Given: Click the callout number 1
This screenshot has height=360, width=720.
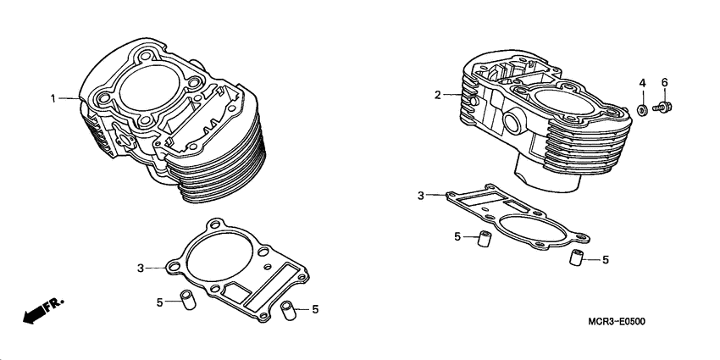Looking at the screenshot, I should (x=53, y=99).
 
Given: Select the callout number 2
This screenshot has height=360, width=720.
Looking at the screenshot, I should (x=438, y=95).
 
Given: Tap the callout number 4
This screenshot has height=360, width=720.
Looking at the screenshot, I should (x=642, y=82).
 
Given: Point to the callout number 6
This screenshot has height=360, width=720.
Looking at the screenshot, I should (x=665, y=82).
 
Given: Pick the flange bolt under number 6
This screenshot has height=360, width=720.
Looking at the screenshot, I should (x=665, y=108).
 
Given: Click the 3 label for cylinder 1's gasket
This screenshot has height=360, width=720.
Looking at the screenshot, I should (x=141, y=268).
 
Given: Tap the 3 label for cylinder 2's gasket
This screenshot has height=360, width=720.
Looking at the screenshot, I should (x=421, y=197).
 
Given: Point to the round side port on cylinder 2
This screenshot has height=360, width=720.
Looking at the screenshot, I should (x=513, y=122).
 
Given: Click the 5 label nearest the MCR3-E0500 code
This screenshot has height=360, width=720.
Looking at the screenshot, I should (x=606, y=260).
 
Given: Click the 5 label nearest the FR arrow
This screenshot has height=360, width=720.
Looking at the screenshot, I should (x=159, y=302).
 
